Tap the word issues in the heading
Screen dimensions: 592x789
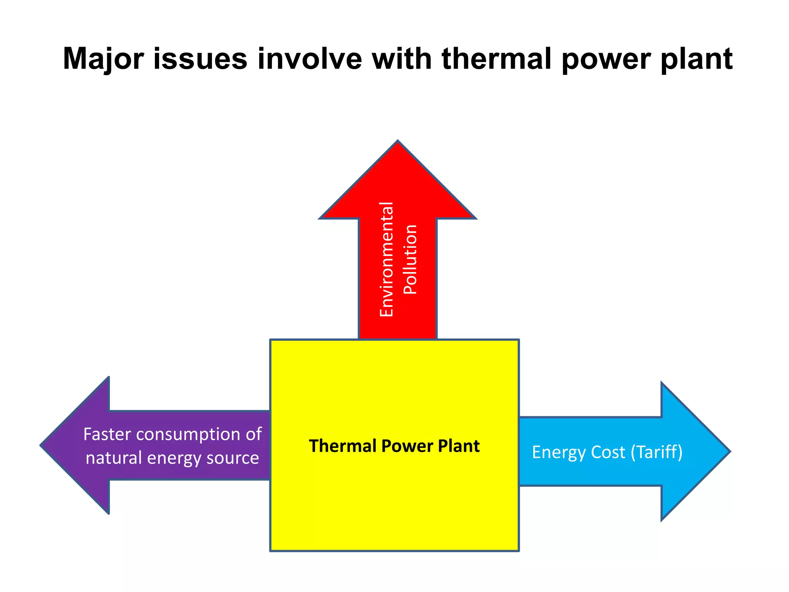tap(200, 59)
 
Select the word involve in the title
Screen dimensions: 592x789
tap(310, 59)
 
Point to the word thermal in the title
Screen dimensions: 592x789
tap(497, 59)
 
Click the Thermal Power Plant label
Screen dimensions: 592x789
tap(394, 446)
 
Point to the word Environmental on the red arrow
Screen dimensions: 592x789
tap(386, 259)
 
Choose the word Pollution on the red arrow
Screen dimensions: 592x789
tap(410, 259)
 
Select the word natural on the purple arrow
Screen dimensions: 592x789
tap(114, 458)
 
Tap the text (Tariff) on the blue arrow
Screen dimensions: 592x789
tap(656, 452)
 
